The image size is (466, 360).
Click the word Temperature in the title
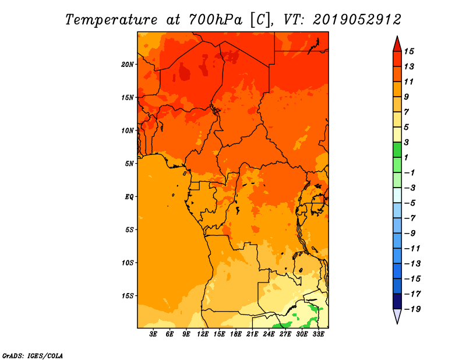pos(111,20)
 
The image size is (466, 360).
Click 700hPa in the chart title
pos(216,20)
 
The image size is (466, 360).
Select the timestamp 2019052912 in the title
pos(357,20)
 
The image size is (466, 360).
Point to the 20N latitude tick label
pos(128,65)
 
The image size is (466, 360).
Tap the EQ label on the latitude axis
pos(129,197)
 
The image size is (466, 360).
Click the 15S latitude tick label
pos(128,296)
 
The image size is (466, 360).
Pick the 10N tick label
pos(128,130)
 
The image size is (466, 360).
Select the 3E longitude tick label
pos(153,334)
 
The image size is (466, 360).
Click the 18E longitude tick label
pos(236,334)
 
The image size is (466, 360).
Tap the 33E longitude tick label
pos(318,334)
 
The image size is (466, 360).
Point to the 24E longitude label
pos(269,334)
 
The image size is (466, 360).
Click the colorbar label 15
pos(409,51)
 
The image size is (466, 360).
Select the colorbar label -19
pos(412,309)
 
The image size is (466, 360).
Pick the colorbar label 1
pos(406,157)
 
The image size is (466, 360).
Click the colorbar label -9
pos(410,234)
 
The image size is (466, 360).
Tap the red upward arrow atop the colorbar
pos(397,44)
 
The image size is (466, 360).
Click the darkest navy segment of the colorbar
pos(397,301)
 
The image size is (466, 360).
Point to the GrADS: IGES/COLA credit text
pos(33,356)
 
